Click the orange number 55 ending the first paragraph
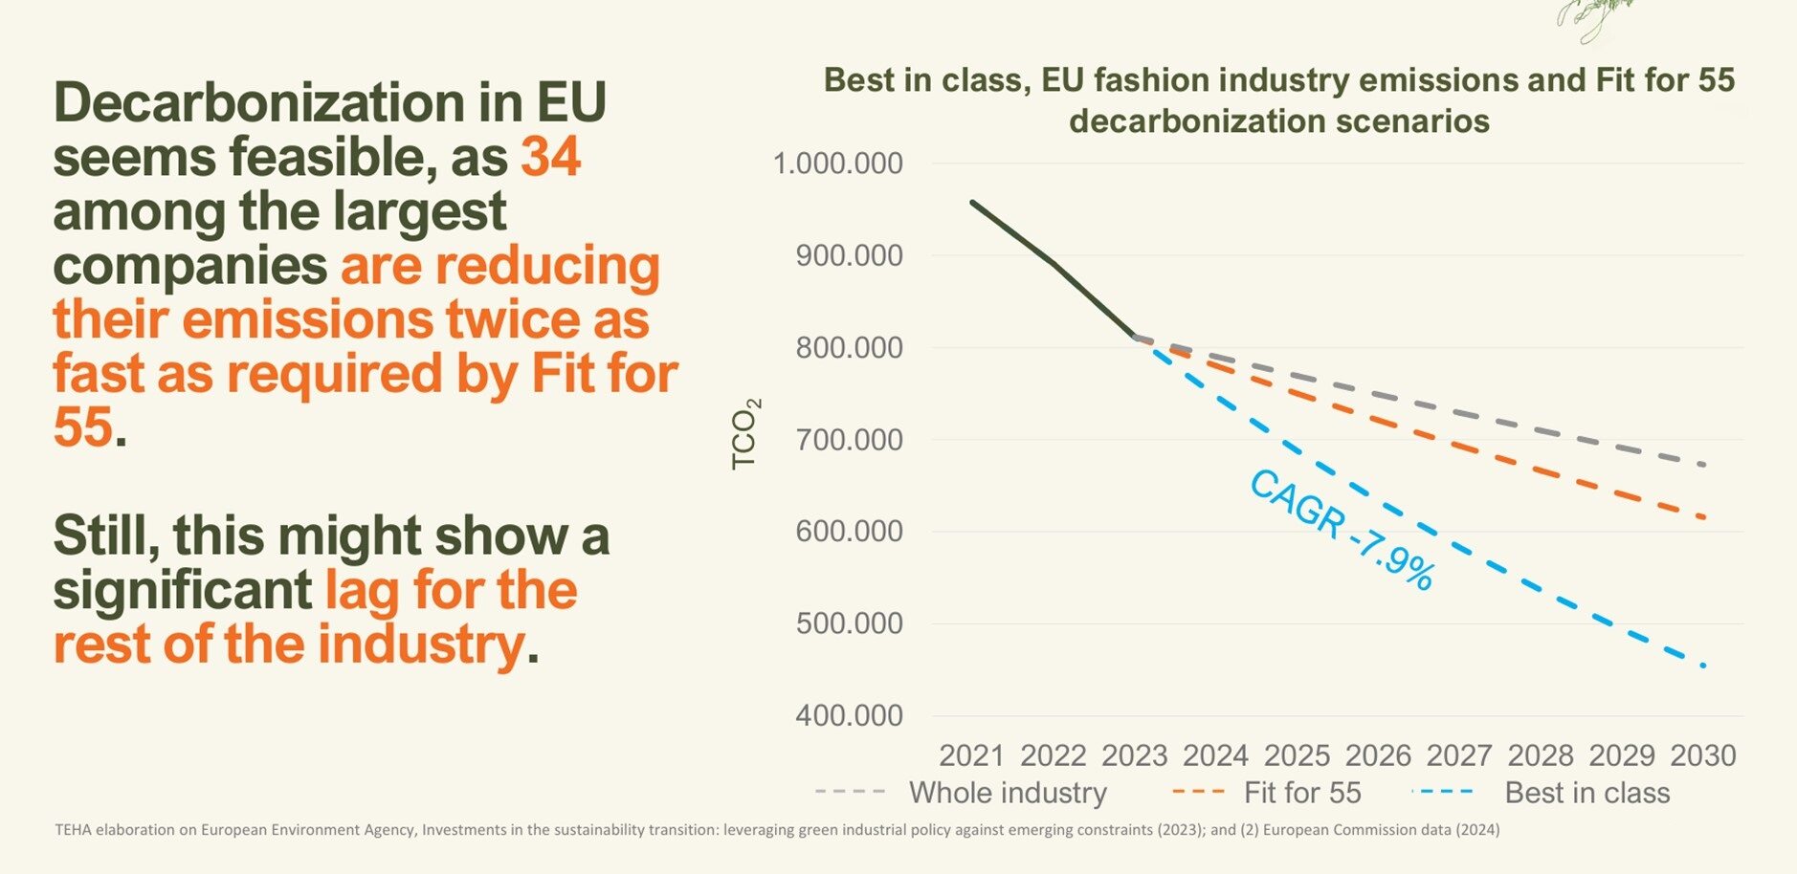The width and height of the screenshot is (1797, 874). click(x=82, y=426)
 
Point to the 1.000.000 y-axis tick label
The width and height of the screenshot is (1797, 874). click(x=837, y=164)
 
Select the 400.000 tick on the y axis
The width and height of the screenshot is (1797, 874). click(x=849, y=715)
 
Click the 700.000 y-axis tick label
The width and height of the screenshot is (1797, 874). click(x=849, y=440)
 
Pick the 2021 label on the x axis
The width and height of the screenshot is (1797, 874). click(x=971, y=755)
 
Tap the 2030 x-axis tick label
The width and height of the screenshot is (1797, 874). click(x=1703, y=755)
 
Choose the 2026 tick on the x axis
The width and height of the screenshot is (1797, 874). click(x=1378, y=755)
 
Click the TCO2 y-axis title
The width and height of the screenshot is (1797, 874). click(x=745, y=433)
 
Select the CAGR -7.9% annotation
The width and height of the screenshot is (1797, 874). click(x=1342, y=530)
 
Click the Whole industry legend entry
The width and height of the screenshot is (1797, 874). click(x=1007, y=793)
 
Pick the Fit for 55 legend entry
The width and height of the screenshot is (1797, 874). click(x=1301, y=793)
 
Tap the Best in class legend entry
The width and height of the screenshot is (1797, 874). click(x=1586, y=793)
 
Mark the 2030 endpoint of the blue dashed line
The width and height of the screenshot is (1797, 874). click(x=1704, y=666)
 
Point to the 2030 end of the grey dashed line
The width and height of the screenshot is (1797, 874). click(x=1704, y=466)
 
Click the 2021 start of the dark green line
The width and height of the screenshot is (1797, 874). click(x=972, y=202)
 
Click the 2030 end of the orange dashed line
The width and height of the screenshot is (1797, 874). click(x=1704, y=518)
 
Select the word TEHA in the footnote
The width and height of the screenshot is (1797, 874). click(x=72, y=830)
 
